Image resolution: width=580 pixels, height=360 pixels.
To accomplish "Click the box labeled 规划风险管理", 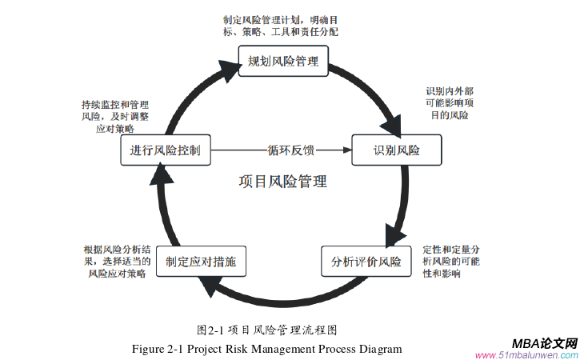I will [283, 61].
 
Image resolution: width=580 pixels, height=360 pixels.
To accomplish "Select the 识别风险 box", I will [396, 150].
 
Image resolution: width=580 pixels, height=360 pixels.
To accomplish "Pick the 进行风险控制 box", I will [166, 150].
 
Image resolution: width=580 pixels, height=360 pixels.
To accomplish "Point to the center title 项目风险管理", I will [282, 182].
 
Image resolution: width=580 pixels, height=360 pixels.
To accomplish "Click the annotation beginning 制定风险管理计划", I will [280, 26].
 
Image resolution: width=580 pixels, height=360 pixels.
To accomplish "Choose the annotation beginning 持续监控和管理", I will [114, 117].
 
